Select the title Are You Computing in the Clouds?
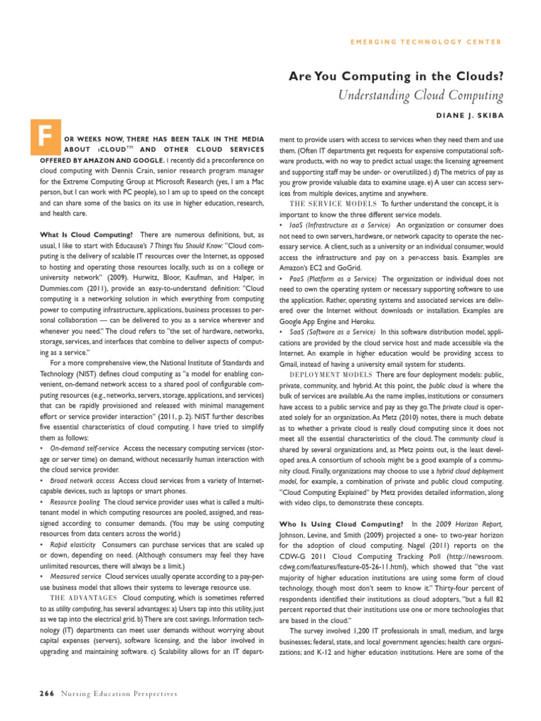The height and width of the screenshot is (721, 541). click(x=405, y=77)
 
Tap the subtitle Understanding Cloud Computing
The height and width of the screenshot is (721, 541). click(x=423, y=95)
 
